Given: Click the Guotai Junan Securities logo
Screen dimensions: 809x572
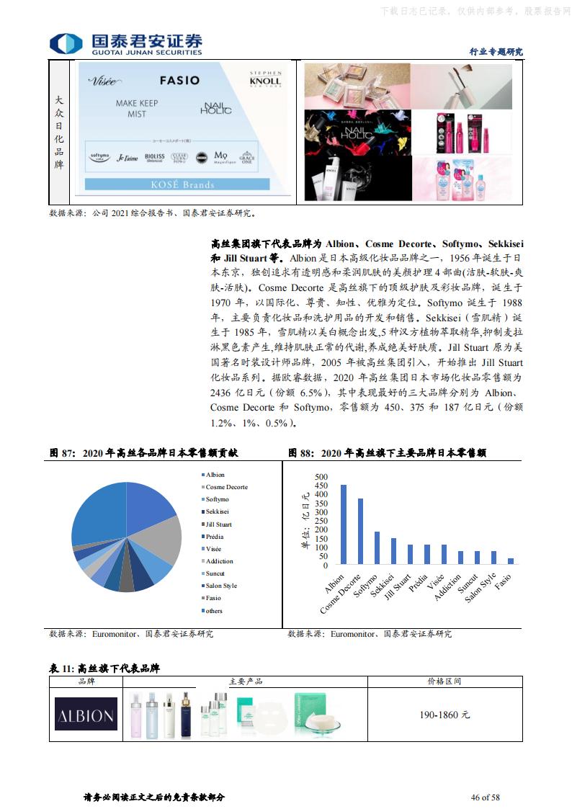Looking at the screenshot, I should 125,43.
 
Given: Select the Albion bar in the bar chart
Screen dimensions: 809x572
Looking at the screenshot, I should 344,524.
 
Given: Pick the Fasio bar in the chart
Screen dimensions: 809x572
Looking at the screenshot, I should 511,560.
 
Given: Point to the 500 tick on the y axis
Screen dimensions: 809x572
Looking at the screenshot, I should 321,477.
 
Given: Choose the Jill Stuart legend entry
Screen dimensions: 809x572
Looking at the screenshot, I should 218,524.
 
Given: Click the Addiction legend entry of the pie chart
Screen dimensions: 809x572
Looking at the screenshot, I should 219,561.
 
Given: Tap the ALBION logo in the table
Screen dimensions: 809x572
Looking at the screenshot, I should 86,715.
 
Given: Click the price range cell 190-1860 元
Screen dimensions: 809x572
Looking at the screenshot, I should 444,715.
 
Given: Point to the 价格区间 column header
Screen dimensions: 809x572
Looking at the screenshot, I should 444,681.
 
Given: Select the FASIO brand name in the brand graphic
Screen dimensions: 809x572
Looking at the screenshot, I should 179,80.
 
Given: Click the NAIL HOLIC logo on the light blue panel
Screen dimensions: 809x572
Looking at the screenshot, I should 216,108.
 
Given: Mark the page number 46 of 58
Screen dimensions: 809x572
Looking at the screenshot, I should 486,797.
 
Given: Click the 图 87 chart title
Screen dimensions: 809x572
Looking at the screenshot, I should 143,453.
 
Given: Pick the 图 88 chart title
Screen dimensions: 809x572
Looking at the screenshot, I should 387,453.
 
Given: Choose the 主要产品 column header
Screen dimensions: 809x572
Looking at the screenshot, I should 246,681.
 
